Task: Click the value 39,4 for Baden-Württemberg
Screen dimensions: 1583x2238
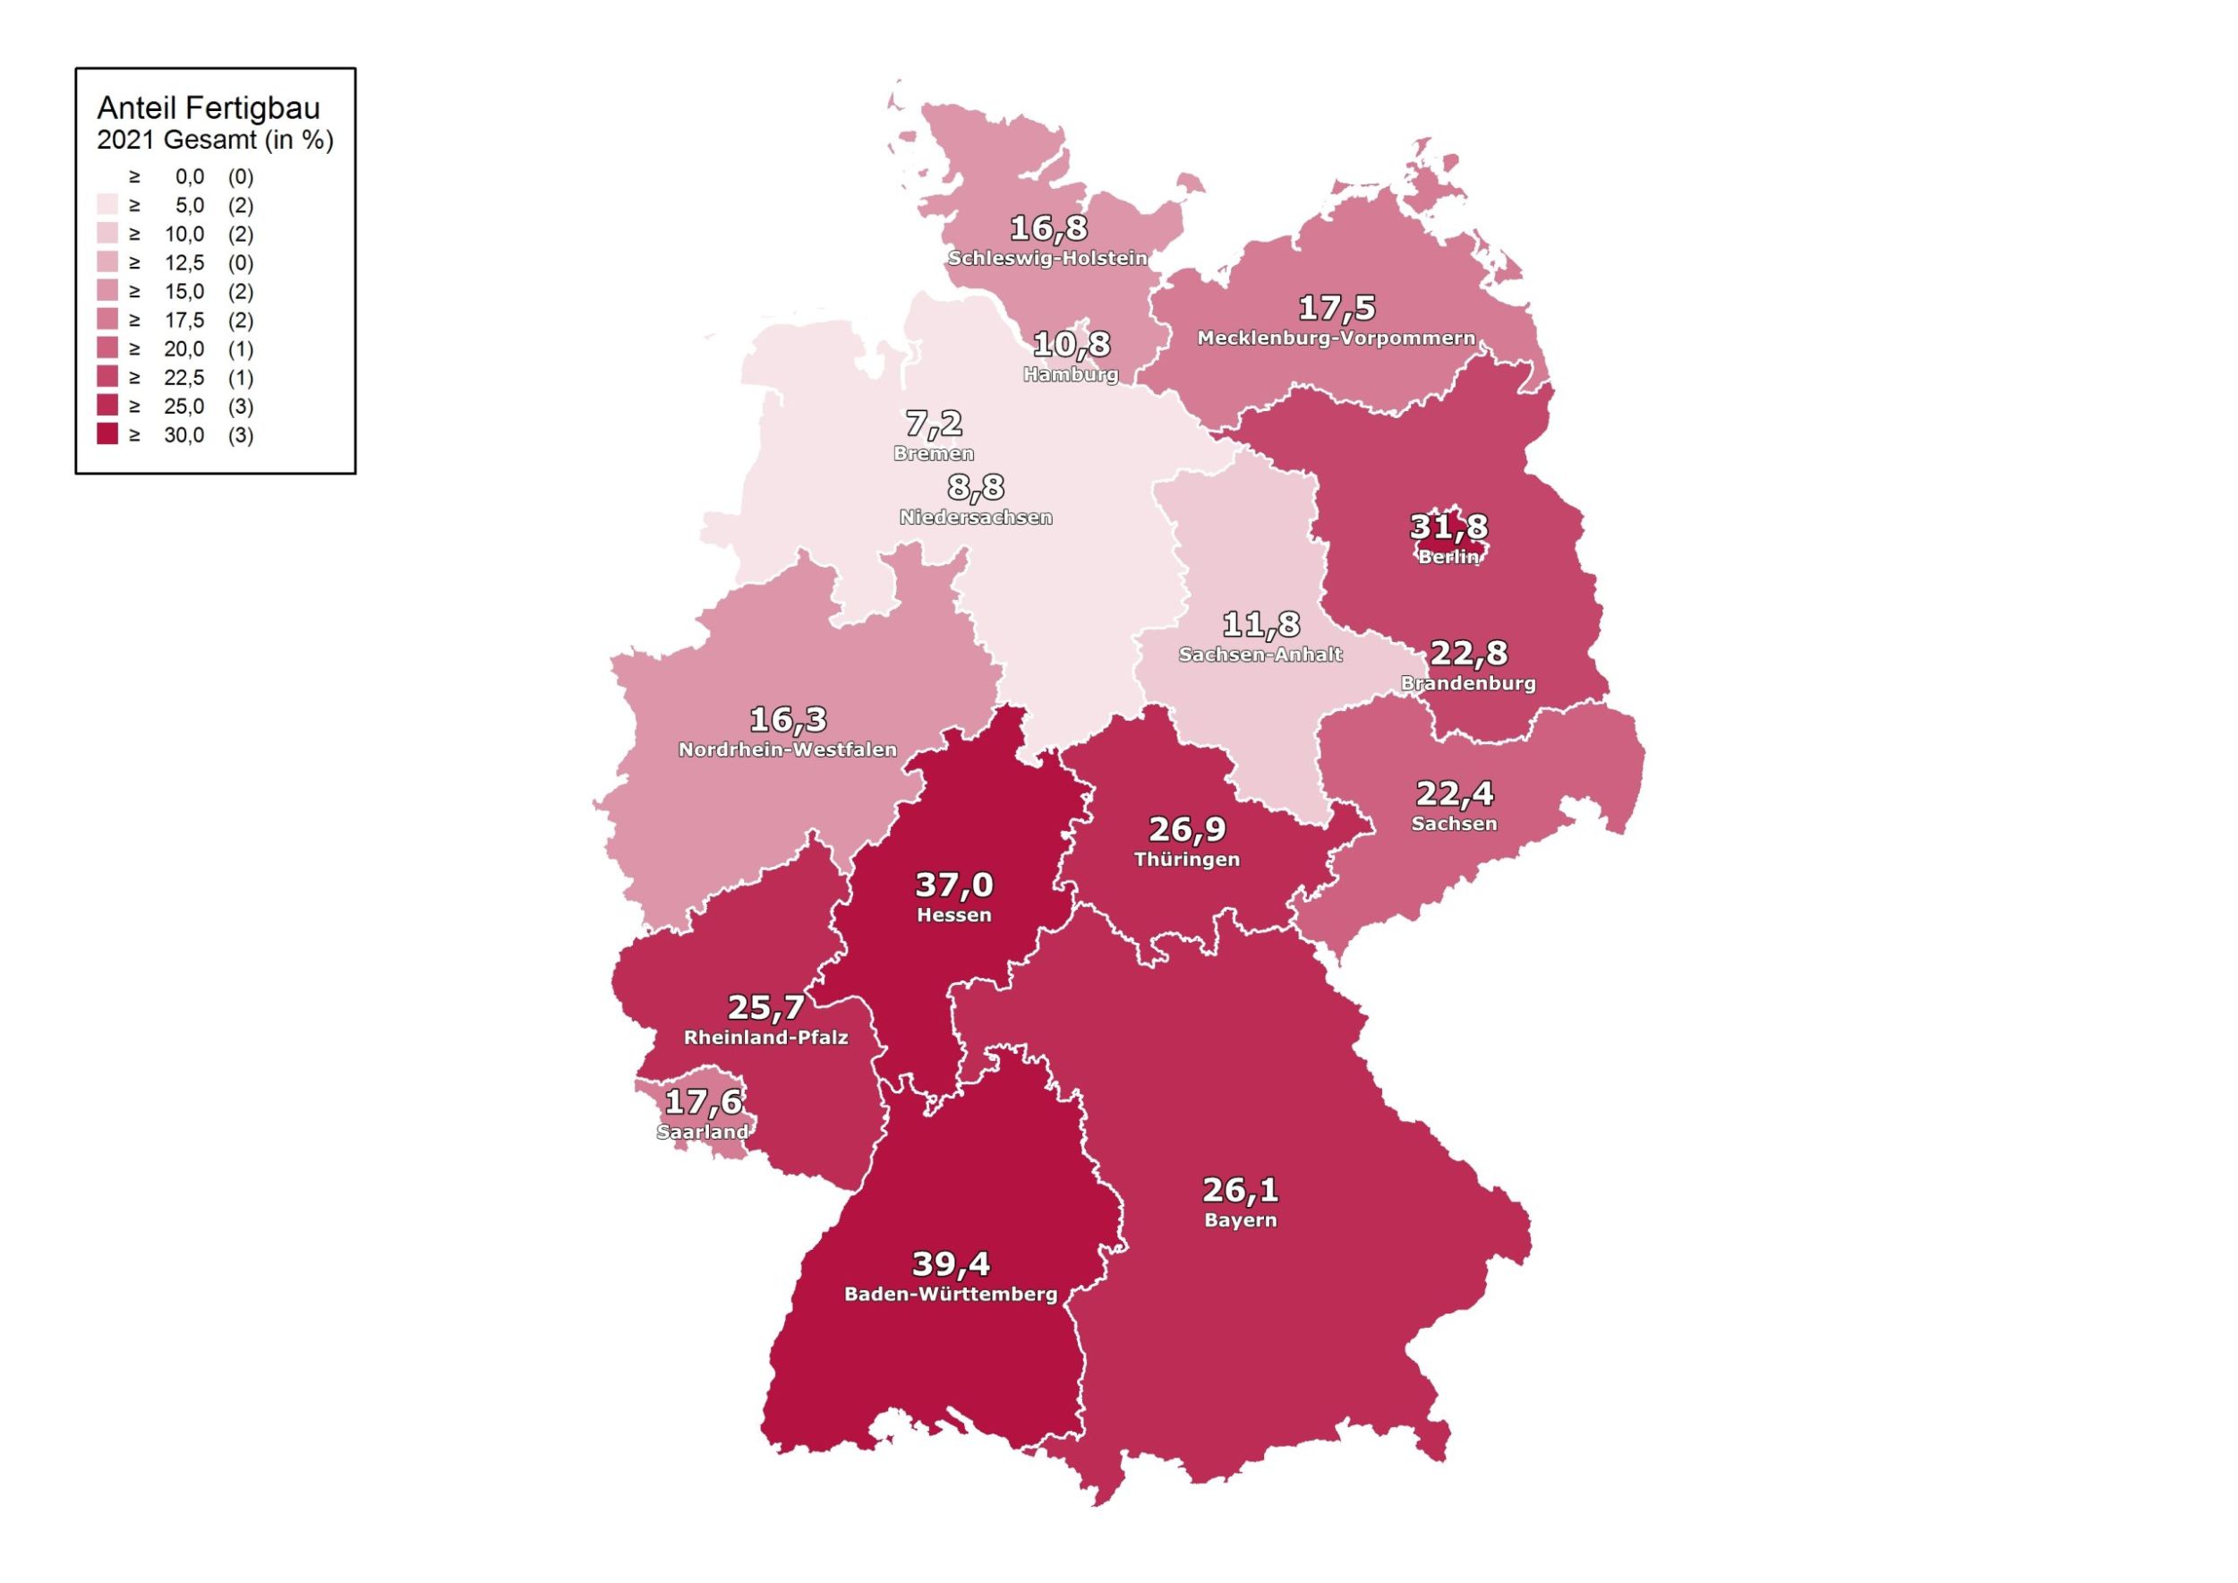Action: tap(951, 1264)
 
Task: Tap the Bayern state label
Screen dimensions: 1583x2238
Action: tap(1240, 1220)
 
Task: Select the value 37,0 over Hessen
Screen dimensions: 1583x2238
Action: tap(953, 886)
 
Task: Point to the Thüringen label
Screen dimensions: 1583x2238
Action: tap(1186, 860)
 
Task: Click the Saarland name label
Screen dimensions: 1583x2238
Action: tap(703, 1132)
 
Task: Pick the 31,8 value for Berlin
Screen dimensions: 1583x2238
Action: tap(1448, 527)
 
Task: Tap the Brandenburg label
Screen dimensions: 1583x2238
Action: tap(1468, 683)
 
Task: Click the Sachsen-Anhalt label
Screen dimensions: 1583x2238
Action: tap(1260, 655)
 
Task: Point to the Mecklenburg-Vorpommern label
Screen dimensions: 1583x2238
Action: tap(1336, 338)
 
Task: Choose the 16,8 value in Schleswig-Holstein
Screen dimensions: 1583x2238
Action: tap(1048, 228)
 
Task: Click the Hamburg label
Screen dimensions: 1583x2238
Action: tap(1071, 374)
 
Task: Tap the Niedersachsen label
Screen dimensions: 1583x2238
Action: tap(975, 518)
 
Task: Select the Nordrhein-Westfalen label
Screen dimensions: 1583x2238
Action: tap(787, 749)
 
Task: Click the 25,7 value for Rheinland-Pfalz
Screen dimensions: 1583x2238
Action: tap(765, 1007)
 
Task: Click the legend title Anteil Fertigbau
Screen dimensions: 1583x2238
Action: tap(208, 108)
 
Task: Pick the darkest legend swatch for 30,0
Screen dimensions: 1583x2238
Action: tap(107, 435)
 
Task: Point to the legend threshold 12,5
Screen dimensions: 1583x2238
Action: tap(184, 263)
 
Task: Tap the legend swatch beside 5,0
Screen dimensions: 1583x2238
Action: tap(107, 206)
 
